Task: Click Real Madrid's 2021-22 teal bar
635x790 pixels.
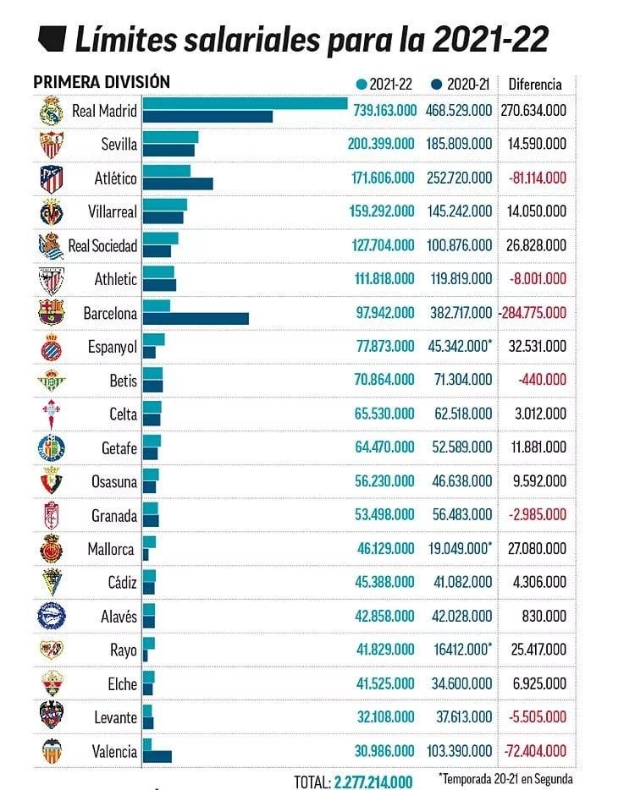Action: click(245, 104)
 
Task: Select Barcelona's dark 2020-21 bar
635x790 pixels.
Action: click(196, 319)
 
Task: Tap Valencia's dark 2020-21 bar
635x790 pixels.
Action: click(157, 756)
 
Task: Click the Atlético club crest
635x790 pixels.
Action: click(52, 178)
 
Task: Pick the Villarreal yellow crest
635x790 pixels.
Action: click(52, 211)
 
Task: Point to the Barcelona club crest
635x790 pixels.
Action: click(52, 313)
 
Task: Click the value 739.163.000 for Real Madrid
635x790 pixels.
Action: click(382, 110)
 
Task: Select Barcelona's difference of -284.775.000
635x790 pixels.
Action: click(533, 313)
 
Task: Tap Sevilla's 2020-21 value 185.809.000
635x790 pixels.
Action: click(461, 144)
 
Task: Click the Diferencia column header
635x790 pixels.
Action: click(534, 84)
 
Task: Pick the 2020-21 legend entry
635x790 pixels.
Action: click(461, 84)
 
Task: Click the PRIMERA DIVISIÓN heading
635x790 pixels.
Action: click(102, 82)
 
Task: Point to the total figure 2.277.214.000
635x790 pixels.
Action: click(373, 782)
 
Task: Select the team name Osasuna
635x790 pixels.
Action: click(114, 481)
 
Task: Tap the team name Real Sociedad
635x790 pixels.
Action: click(102, 245)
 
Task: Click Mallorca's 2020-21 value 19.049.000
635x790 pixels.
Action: click(461, 549)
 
